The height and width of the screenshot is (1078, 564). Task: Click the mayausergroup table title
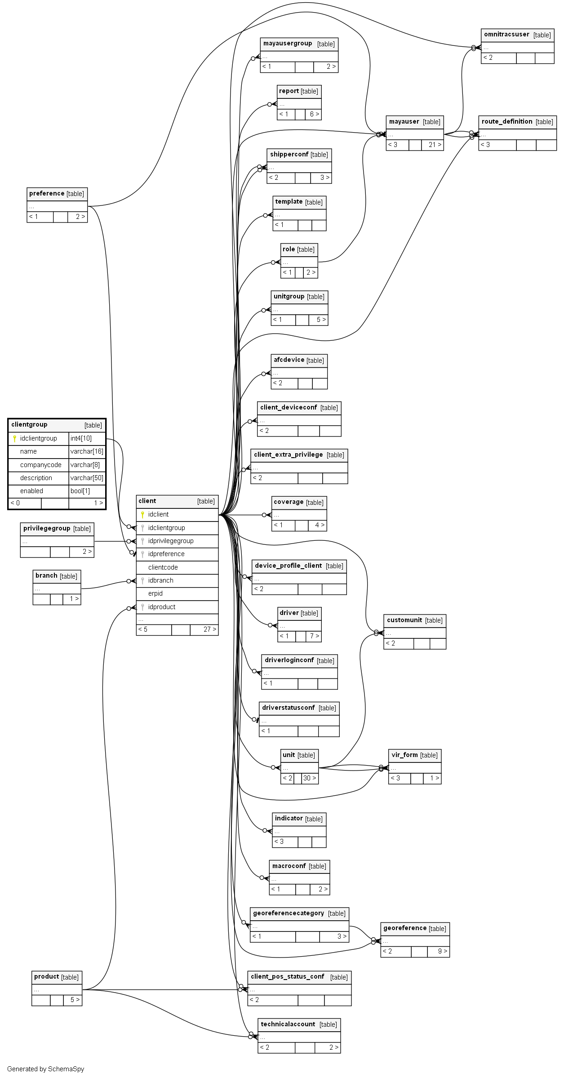(288, 44)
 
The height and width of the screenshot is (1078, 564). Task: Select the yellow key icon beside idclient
(142, 514)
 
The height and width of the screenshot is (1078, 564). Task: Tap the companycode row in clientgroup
(40, 465)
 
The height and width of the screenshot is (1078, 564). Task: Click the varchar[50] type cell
(87, 478)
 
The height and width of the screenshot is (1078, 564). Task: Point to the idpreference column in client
(166, 554)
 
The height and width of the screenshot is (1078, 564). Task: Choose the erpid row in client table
(155, 593)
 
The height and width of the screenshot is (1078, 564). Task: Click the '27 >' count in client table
(209, 629)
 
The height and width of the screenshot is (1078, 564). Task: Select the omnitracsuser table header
(506, 35)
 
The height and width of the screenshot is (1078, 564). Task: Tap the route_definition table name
(506, 121)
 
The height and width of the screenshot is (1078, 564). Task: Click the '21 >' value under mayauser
(435, 145)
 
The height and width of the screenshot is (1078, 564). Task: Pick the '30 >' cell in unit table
(310, 778)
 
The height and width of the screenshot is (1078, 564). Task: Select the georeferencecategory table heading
(288, 913)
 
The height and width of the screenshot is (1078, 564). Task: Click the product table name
(46, 976)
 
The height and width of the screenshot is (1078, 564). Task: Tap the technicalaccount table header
(288, 1024)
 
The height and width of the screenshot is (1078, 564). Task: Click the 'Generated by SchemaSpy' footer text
(45, 1069)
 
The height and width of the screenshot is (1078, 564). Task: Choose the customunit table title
(404, 620)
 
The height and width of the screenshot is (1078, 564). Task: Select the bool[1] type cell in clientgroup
(80, 491)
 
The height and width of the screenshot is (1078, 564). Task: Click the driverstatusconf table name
(289, 708)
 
